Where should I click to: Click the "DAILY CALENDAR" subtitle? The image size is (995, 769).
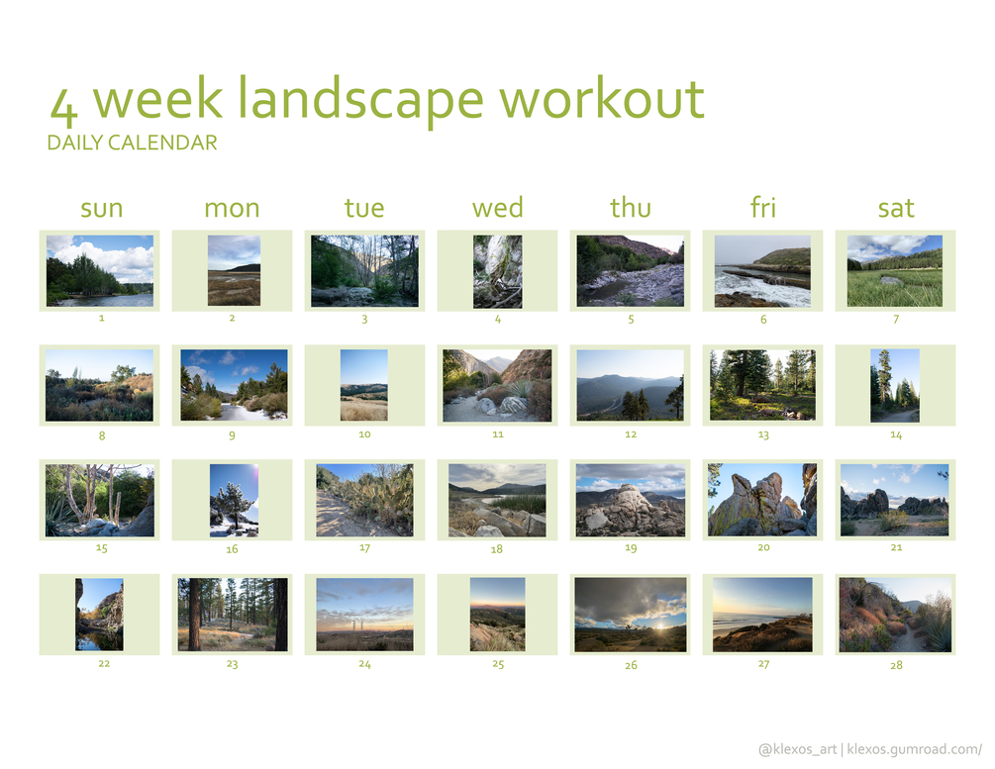(132, 143)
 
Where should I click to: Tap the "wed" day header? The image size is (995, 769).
(497, 208)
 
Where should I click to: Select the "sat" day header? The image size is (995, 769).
(895, 208)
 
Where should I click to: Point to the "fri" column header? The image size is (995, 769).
(762, 207)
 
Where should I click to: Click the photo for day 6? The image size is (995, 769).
(762, 271)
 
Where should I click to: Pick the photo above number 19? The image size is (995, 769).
(630, 500)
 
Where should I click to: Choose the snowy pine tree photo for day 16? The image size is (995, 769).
(235, 500)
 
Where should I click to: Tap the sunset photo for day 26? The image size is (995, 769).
(630, 615)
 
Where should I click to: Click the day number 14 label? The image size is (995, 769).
(895, 434)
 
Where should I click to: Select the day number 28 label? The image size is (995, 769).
(896, 665)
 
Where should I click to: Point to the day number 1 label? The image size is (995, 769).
(102, 318)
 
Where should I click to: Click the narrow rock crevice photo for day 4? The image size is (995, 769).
(497, 271)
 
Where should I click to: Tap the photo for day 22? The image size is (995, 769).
(100, 615)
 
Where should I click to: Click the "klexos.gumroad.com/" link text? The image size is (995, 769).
(915, 749)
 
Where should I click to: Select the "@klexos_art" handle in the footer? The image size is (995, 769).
(798, 749)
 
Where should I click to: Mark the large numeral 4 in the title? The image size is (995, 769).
(64, 106)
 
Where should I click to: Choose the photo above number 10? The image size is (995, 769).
(364, 385)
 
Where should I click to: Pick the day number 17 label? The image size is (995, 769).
(364, 548)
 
